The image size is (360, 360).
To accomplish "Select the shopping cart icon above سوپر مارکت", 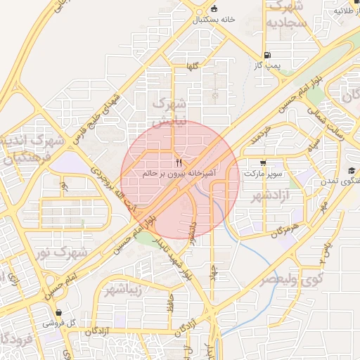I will (x=263, y=162).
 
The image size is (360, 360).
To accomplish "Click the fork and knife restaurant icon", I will (x=178, y=162).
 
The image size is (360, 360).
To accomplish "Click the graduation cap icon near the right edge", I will (x=351, y=171).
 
